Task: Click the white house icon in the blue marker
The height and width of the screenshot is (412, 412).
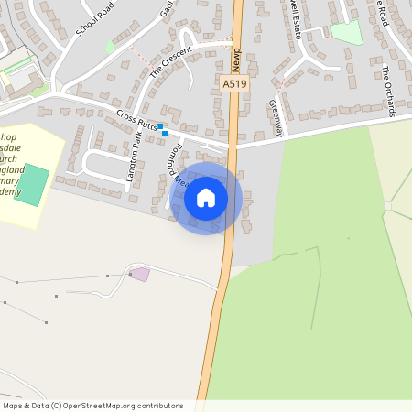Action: (x=206, y=197)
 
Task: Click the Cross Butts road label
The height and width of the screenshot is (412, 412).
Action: (x=136, y=119)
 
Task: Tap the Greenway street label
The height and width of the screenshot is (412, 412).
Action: (x=274, y=117)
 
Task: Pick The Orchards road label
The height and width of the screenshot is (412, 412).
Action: (x=389, y=91)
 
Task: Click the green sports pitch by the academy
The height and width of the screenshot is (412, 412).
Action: (x=32, y=185)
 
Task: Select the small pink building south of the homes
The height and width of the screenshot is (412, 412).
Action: (x=140, y=274)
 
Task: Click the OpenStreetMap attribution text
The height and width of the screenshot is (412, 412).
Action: (x=92, y=406)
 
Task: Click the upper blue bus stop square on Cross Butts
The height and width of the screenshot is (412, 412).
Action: (x=160, y=125)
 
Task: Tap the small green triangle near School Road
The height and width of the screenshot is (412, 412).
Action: (x=111, y=46)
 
